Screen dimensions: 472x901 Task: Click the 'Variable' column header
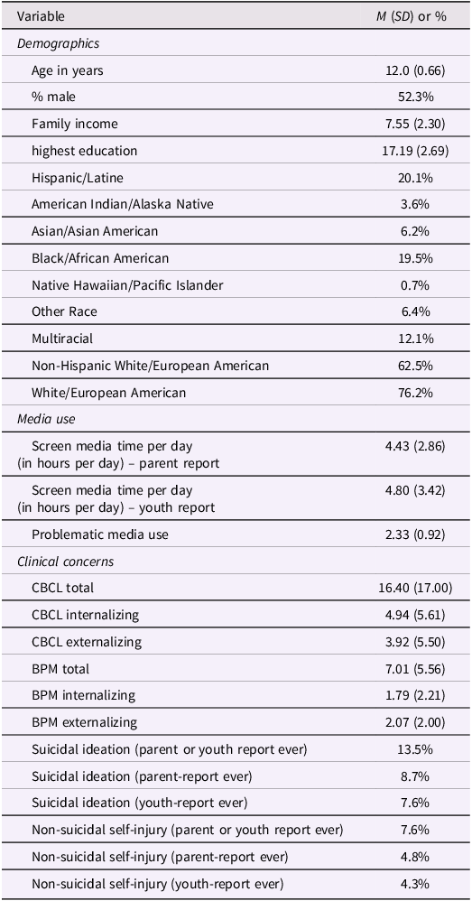[41, 16]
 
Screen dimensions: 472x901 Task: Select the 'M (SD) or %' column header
[408, 16]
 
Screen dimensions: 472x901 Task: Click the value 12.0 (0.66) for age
[416, 70]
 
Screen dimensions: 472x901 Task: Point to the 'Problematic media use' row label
[100, 534]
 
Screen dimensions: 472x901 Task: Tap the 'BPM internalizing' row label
[84, 695]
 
